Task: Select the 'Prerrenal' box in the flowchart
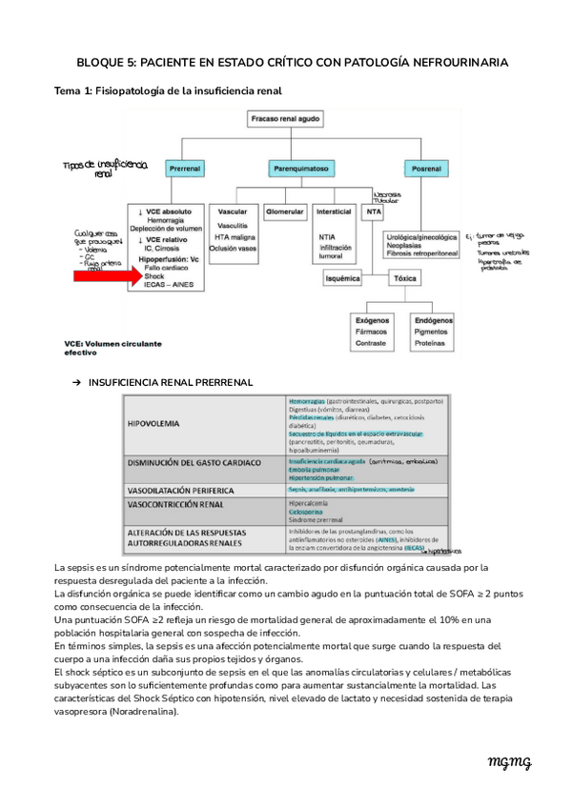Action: click(x=184, y=169)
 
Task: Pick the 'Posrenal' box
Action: click(x=420, y=169)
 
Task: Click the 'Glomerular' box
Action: click(x=284, y=212)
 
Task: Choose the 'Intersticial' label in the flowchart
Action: click(x=334, y=212)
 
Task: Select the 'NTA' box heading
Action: click(x=374, y=212)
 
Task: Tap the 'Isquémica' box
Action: click(x=342, y=279)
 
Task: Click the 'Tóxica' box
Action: click(x=405, y=279)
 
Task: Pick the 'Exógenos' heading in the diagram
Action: click(x=372, y=320)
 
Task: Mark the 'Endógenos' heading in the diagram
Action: click(x=435, y=320)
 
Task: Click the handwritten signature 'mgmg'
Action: click(x=509, y=762)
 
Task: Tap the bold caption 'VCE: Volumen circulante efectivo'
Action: click(x=109, y=347)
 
